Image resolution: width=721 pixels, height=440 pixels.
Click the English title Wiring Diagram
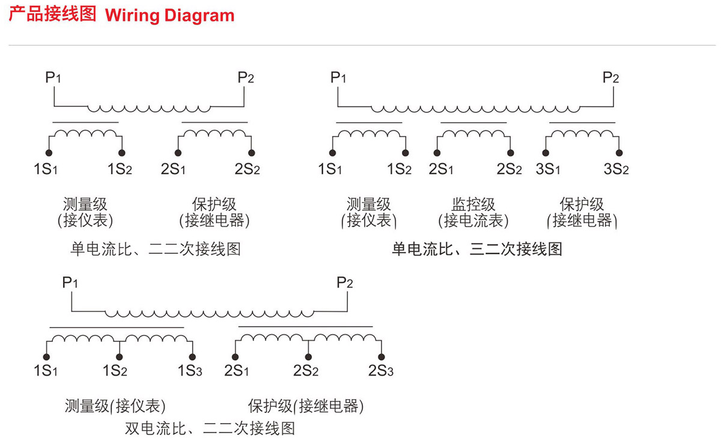(x=169, y=15)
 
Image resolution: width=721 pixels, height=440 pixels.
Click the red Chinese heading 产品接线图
(x=52, y=14)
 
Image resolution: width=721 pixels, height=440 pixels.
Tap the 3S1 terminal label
(x=548, y=169)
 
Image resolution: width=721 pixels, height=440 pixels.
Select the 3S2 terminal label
(x=616, y=169)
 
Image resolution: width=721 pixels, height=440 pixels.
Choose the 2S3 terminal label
(x=381, y=370)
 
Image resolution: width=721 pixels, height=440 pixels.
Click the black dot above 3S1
(x=545, y=153)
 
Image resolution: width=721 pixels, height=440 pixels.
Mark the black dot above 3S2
(x=619, y=153)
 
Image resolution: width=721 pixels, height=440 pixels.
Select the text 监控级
(x=473, y=204)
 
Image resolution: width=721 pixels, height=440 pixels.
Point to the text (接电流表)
(x=473, y=221)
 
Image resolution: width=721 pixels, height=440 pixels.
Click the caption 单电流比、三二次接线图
(x=477, y=249)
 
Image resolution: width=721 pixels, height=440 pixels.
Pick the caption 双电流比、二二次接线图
(x=210, y=428)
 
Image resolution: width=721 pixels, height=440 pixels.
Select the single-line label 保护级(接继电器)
(x=306, y=406)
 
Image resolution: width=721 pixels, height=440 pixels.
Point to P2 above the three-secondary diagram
(x=610, y=78)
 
